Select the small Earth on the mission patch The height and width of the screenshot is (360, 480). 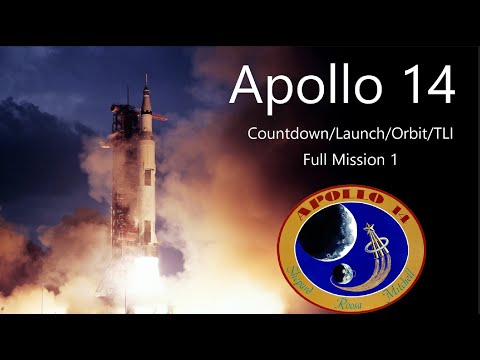tap(342, 270)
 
